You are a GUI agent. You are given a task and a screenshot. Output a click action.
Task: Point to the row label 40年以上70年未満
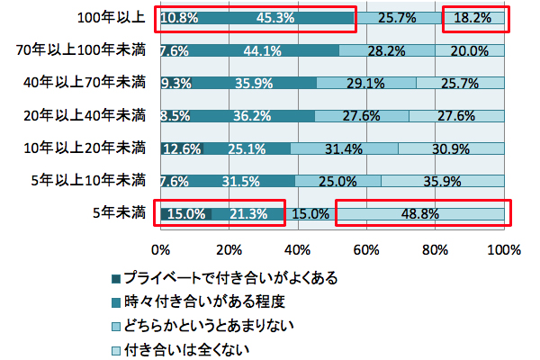(x=86, y=83)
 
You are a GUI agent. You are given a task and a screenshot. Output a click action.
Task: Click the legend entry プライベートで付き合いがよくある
(x=229, y=277)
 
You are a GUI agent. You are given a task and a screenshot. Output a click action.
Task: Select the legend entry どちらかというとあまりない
(x=216, y=324)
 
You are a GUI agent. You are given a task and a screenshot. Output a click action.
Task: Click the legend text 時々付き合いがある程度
(x=203, y=301)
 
